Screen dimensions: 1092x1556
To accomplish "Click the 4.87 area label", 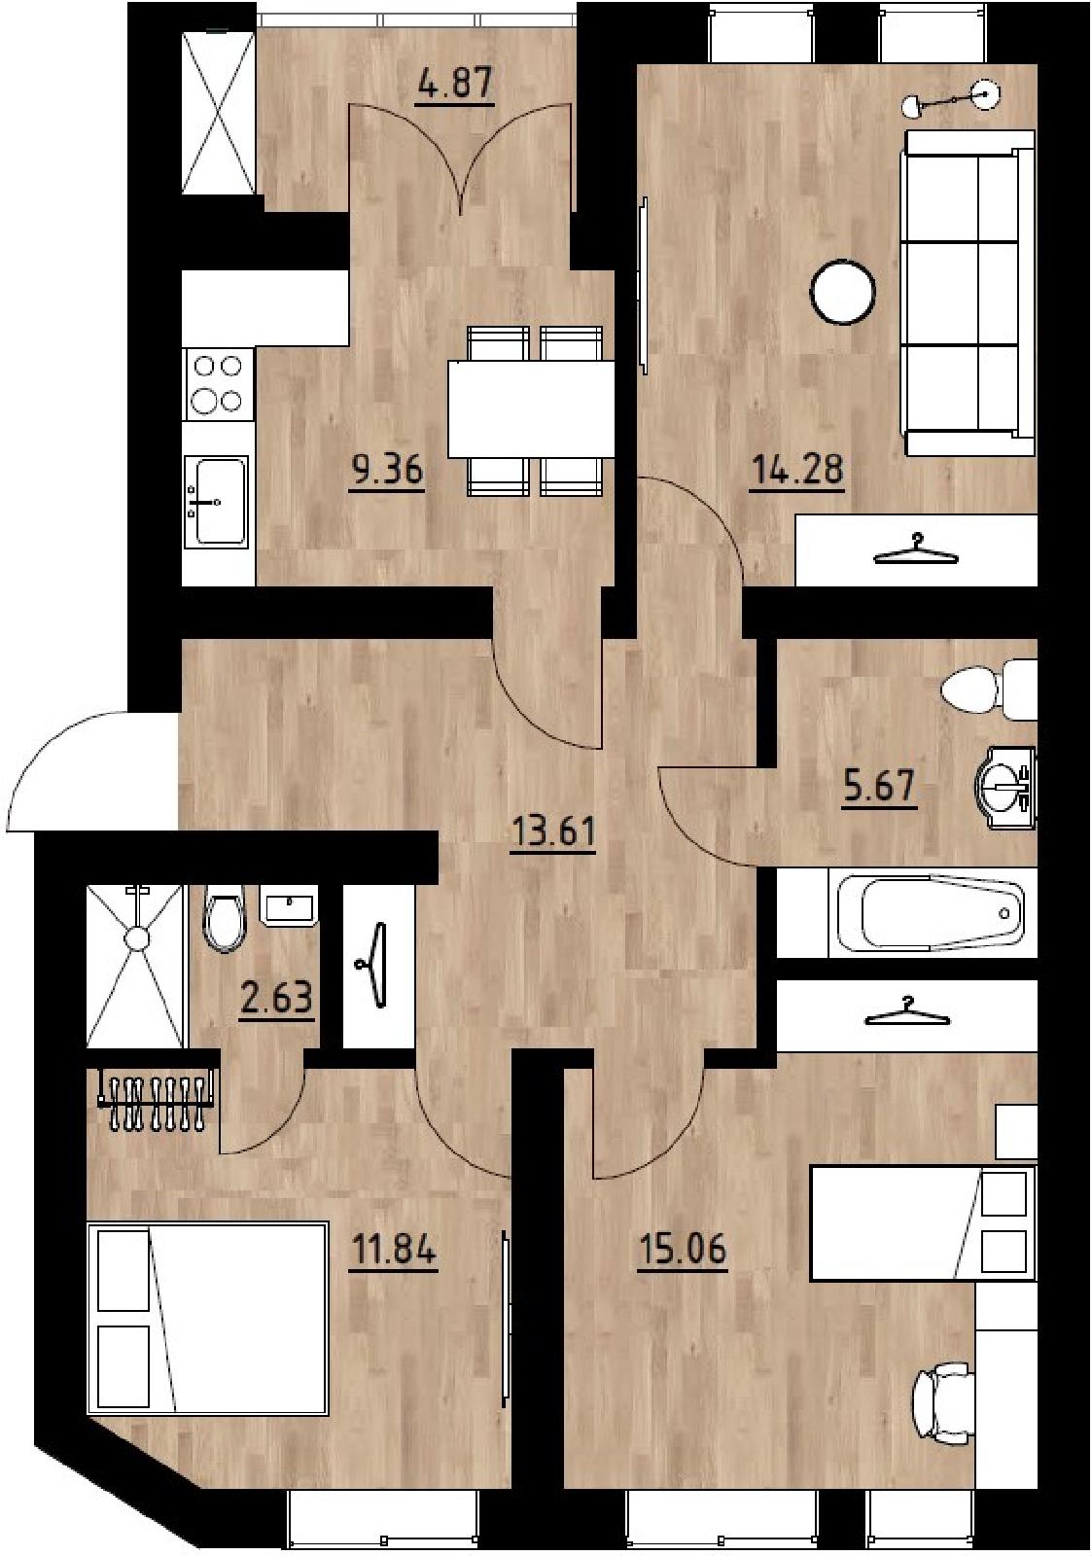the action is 454,86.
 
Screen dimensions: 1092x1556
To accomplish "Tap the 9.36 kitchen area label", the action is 386,473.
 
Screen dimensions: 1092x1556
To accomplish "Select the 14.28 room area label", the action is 796,472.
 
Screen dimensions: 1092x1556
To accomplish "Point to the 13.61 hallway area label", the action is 552,831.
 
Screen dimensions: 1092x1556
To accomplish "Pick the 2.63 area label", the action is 276,1000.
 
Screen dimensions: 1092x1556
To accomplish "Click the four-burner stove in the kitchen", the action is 217,384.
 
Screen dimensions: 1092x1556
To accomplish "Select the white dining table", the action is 531,408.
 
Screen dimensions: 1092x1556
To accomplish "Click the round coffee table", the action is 842,293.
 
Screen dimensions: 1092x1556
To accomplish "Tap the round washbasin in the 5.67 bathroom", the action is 1005,787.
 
